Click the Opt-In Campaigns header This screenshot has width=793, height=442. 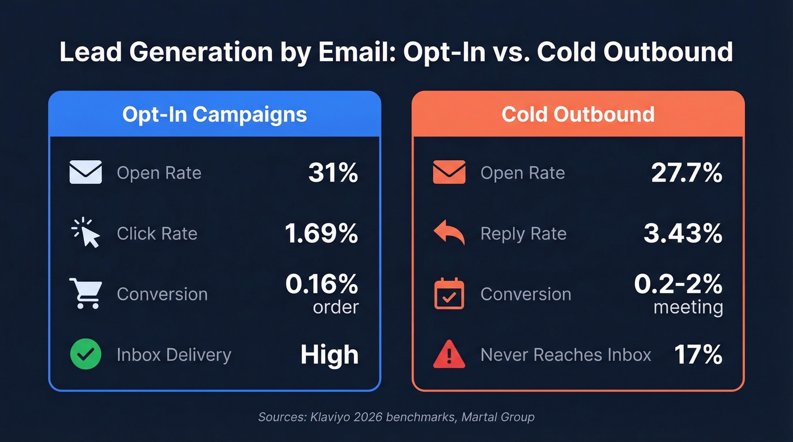coord(214,114)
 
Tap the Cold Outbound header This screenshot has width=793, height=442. coord(578,114)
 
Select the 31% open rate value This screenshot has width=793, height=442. coord(333,173)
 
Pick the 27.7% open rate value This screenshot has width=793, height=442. coord(686,173)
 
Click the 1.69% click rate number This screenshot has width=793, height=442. coord(321,233)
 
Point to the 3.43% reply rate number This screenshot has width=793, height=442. coord(683,233)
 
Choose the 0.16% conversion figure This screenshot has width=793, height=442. coord(321,285)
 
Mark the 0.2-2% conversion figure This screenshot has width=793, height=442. coord(678,285)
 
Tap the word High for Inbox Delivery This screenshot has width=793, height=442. coord(329,355)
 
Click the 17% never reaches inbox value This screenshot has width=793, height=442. coord(698,355)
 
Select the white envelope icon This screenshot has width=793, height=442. coord(86,173)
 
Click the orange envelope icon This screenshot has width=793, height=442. coord(449,173)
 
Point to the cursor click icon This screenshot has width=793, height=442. coord(86,233)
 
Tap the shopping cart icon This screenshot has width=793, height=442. coord(86,293)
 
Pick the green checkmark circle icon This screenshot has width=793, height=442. coord(86,354)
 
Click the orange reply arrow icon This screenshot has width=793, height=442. coord(449,233)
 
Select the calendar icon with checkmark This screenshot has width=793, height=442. coord(449,294)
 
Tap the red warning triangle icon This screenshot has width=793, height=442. coord(449,355)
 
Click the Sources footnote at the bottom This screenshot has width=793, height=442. coord(396,417)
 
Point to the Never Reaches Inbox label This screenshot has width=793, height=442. coord(565,355)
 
